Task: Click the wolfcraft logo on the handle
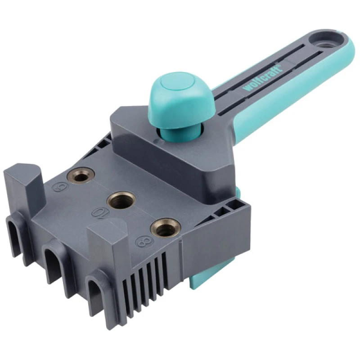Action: [263, 78]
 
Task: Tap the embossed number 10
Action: [99, 213]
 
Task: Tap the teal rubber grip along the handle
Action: [288, 94]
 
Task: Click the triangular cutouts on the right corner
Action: [225, 211]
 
